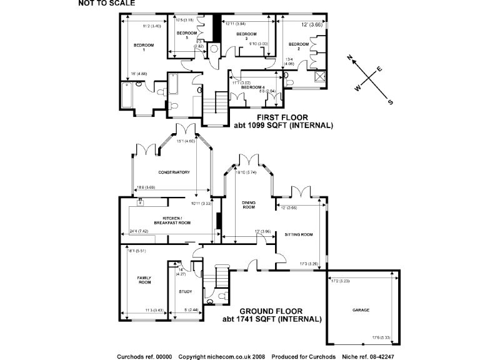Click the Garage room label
[361, 310]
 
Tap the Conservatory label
[173, 172]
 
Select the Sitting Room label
[298, 234]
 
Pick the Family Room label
[144, 280]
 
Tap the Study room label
[185, 291]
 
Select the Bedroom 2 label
[295, 46]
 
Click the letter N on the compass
[351, 59]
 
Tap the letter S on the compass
[391, 102]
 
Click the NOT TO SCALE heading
[106, 3]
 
